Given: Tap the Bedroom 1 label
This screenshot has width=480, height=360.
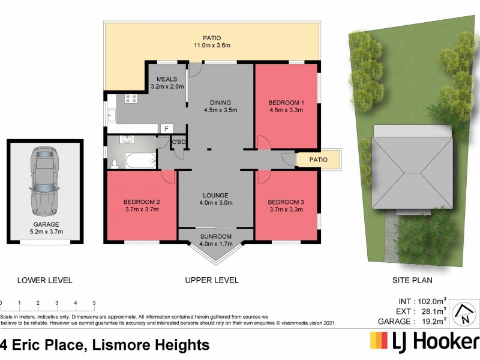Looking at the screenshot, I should coord(285,103).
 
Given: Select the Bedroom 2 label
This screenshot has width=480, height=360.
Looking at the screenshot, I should coord(141,202).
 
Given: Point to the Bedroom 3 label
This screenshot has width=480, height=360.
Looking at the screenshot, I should coord(285,202).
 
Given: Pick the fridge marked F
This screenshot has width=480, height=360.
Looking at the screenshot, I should coord(166,128).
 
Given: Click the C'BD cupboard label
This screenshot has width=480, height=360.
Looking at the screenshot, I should coord(179,142).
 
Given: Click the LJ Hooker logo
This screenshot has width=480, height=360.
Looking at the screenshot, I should coord(423,342).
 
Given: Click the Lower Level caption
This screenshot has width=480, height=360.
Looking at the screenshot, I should coord(45,280).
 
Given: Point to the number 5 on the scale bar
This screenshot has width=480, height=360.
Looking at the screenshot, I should coord(94,303).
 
